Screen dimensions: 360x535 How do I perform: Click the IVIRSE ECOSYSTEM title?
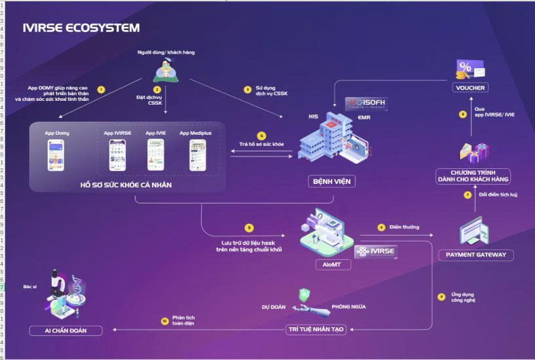(x=81, y=27)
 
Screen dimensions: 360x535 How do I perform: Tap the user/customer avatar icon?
(x=166, y=69)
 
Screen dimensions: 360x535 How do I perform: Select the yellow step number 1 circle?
(x=101, y=88)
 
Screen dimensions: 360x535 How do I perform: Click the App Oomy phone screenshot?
(x=57, y=155)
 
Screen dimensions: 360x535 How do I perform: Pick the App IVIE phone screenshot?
(x=156, y=155)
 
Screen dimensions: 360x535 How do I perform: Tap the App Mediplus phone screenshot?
(x=198, y=155)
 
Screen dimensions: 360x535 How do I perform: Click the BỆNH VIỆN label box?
(x=331, y=181)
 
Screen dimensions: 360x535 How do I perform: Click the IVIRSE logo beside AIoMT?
(x=376, y=251)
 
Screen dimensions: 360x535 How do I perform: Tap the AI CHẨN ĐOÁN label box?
(x=65, y=330)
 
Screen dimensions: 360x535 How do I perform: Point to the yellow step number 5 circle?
(x=249, y=228)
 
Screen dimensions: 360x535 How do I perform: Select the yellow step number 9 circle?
(x=441, y=297)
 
